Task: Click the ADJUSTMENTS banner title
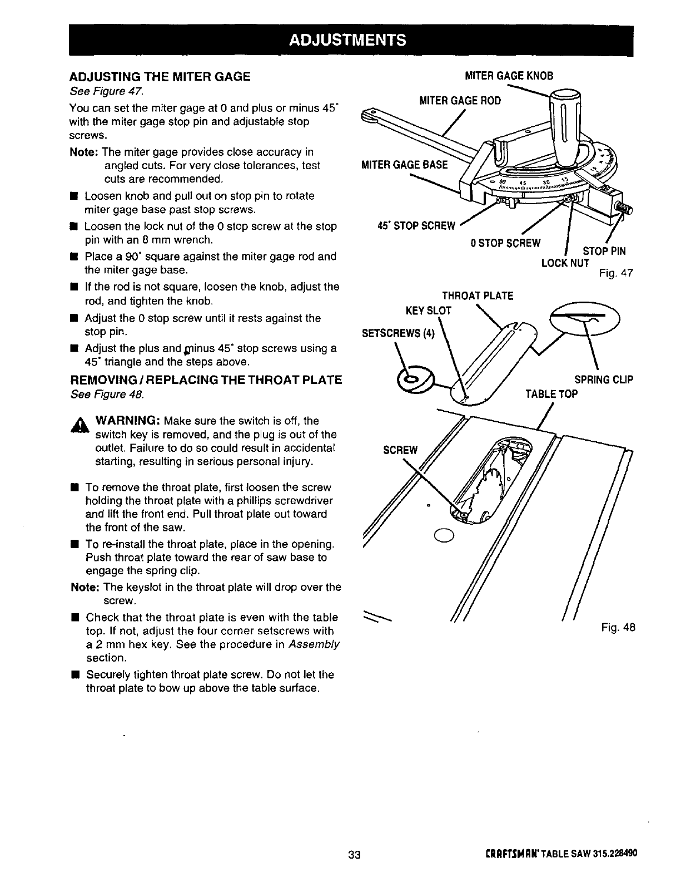coord(351,40)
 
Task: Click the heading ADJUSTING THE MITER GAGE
coord(160,77)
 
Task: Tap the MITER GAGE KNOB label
coord(509,76)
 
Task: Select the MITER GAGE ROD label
coord(460,100)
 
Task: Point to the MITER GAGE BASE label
coord(404,164)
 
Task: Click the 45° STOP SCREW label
coord(416,225)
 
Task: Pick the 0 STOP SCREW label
coord(505,243)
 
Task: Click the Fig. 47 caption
coord(615,273)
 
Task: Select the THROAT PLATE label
coord(477,295)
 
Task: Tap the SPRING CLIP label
coord(603,381)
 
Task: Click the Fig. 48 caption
coord(618,628)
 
